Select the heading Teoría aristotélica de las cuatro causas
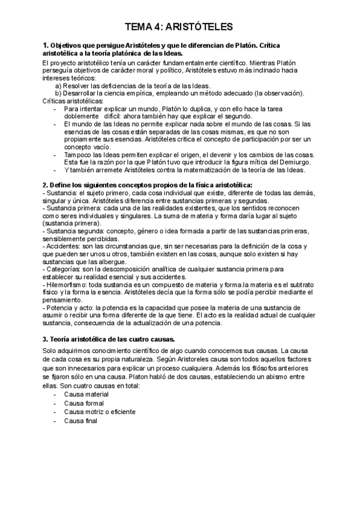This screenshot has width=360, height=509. (107, 338)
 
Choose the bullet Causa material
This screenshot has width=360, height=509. (86, 394)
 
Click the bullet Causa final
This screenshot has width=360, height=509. (80, 421)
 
